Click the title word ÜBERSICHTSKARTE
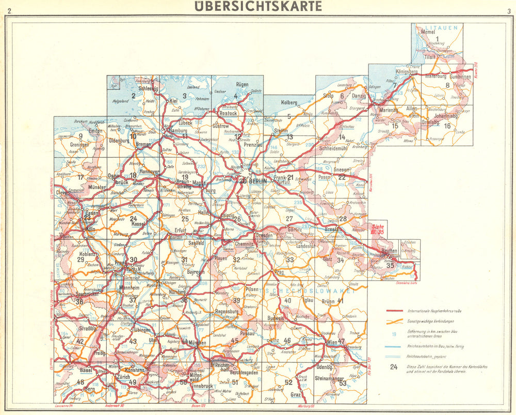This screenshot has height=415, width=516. coord(258,6)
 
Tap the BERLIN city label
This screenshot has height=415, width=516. coord(257,181)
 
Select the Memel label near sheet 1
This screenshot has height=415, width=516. coord(429,32)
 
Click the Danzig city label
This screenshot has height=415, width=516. coord(359,96)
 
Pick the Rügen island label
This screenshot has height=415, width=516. coord(242,84)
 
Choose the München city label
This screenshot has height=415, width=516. coord(197,342)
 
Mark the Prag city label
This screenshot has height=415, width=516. coord(280,271)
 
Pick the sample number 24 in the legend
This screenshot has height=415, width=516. coord(394,368)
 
